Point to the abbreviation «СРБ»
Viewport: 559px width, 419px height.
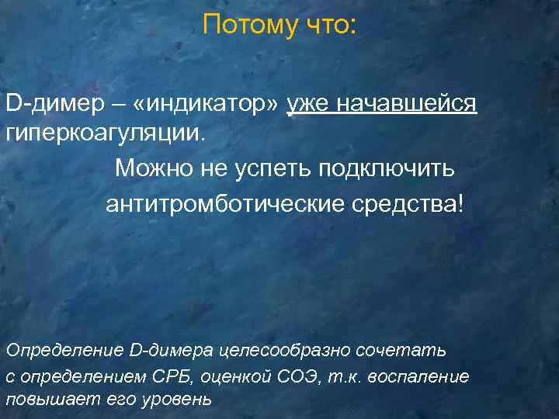click(x=175, y=376)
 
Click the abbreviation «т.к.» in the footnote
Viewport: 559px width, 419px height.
click(x=346, y=376)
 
